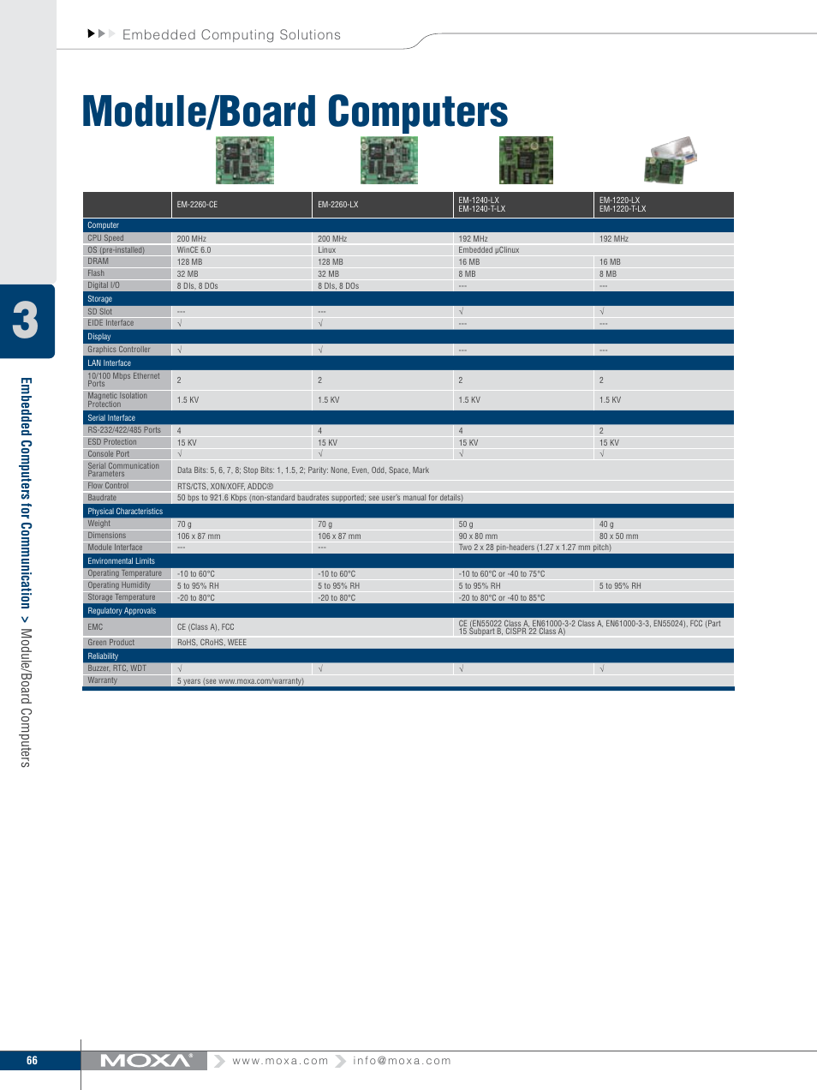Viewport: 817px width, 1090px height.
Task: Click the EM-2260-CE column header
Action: [198, 205]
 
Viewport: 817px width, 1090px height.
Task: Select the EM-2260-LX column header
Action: [338, 205]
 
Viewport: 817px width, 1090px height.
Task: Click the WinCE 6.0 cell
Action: [194, 250]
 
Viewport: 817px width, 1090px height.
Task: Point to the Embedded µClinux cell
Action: [489, 250]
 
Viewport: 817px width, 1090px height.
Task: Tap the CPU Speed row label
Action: [106, 238]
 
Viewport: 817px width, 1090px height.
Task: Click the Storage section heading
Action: [100, 299]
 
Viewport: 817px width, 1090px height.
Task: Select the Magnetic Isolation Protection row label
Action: [117, 400]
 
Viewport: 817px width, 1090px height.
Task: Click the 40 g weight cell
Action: [606, 524]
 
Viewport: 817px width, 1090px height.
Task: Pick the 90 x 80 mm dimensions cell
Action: [478, 536]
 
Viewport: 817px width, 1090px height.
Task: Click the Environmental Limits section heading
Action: [122, 561]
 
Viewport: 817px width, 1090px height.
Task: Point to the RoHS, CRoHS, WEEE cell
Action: [212, 643]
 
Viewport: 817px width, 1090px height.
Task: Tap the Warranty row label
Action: [103, 680]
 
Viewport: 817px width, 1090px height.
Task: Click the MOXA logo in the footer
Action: [146, 1061]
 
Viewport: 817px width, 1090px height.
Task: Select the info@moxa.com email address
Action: [402, 1061]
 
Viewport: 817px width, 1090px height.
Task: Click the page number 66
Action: [32, 1061]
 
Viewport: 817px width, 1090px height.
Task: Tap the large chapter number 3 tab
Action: [26, 320]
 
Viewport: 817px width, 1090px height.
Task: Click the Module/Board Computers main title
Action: [295, 112]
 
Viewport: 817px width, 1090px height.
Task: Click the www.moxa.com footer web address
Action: [280, 1061]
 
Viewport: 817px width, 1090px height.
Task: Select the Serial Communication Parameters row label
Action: [123, 470]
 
